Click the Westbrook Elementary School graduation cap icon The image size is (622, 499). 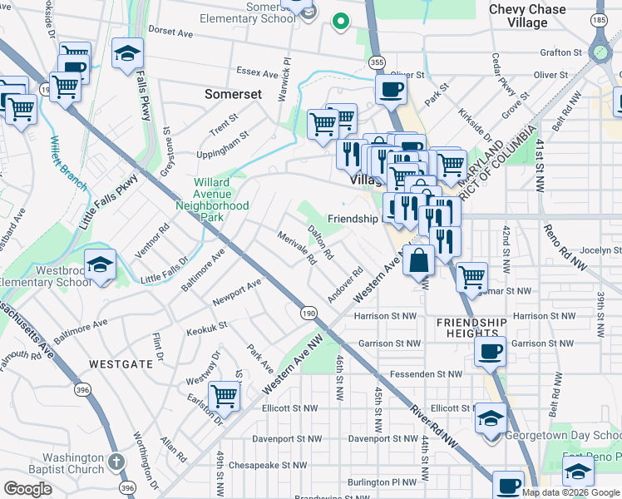tap(100, 266)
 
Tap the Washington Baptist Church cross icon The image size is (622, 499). tap(116, 462)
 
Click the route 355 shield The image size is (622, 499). tap(378, 62)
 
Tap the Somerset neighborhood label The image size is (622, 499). tap(233, 95)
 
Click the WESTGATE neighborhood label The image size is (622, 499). tap(122, 363)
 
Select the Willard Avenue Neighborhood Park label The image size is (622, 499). tap(210, 200)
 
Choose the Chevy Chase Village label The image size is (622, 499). tap(529, 16)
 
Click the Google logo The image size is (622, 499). tap(28, 488)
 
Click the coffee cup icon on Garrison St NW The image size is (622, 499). tap(490, 349)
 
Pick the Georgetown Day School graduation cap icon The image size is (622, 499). tap(491, 417)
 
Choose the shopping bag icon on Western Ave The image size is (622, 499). tap(418, 260)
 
